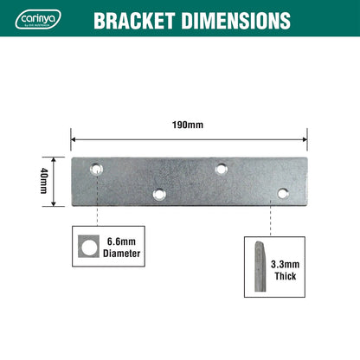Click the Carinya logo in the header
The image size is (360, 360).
coord(36,19)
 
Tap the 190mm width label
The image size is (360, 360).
coord(189,125)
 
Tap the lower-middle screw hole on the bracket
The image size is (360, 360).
coord(158,194)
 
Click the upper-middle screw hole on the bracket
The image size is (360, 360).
coord(222,169)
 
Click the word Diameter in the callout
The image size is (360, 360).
coord(121,254)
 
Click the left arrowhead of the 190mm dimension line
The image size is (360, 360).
coord(74,137)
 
